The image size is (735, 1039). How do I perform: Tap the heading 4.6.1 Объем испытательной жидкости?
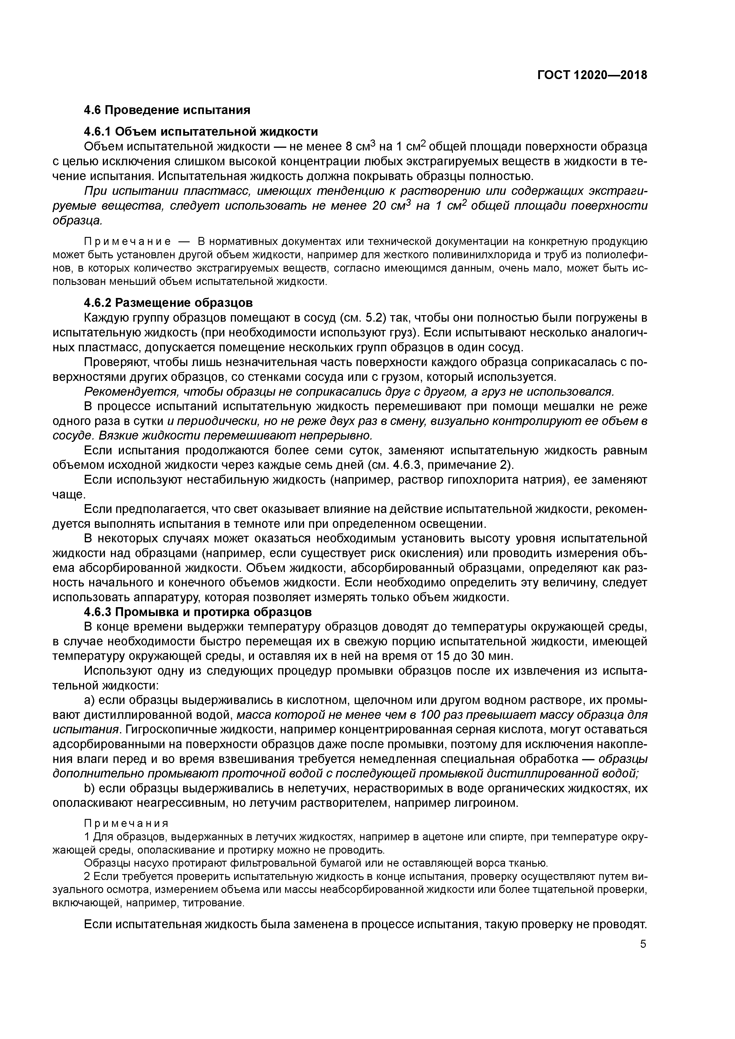(x=201, y=132)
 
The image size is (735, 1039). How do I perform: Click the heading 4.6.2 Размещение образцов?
(x=168, y=302)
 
